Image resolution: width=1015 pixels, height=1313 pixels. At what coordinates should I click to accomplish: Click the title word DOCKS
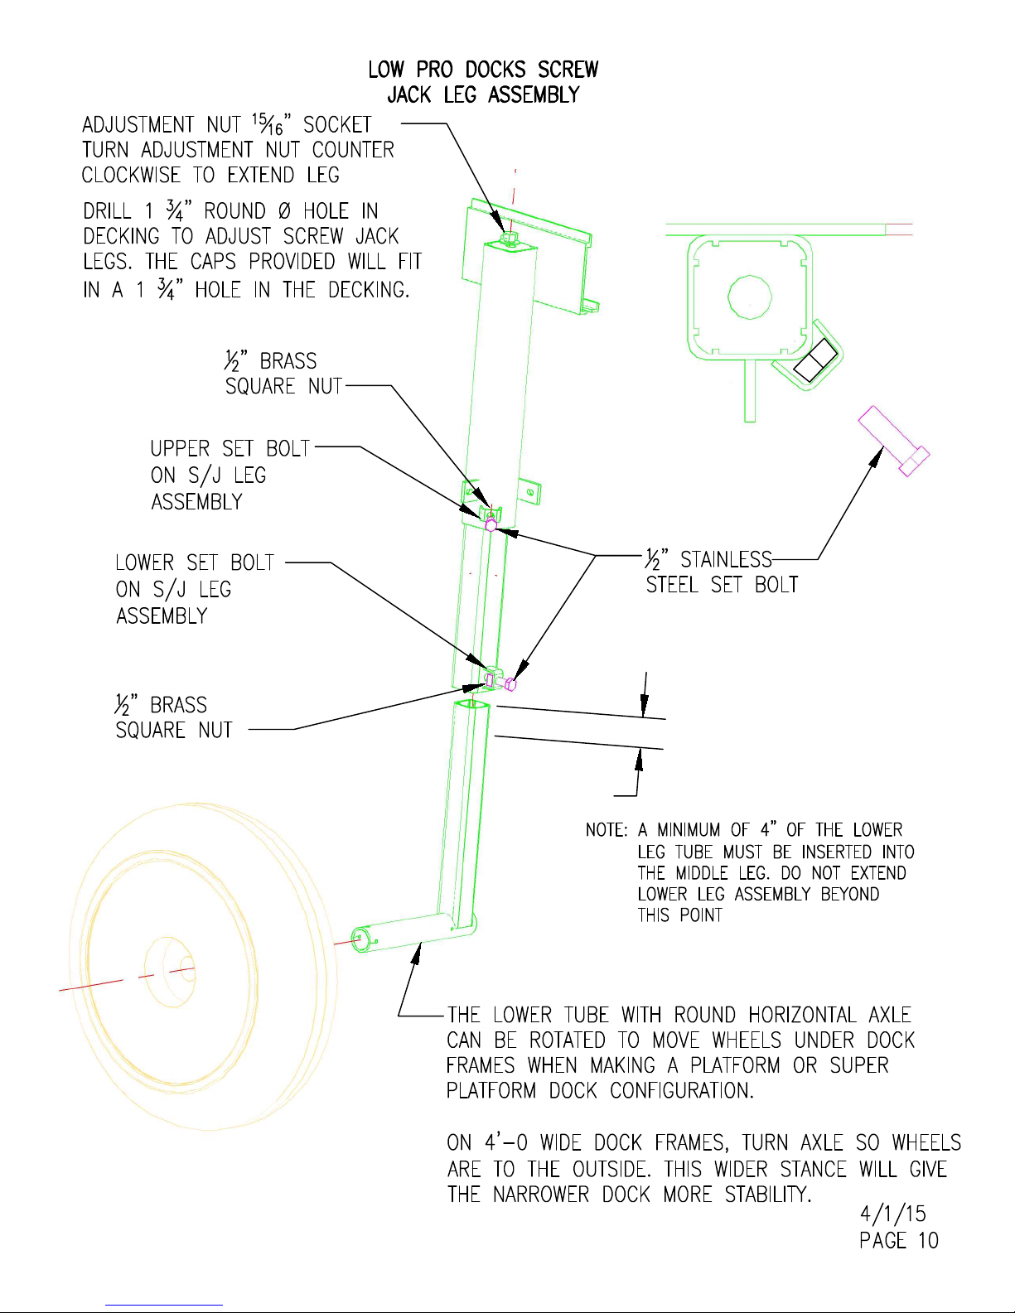pos(495,69)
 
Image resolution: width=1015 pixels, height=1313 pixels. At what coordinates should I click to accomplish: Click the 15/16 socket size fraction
pos(268,124)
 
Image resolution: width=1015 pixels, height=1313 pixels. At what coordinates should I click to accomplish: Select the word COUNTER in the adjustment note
pos(353,150)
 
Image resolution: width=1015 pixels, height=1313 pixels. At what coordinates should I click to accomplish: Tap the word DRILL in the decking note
pos(107,211)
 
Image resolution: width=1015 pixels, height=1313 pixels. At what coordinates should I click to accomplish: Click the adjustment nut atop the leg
pos(510,239)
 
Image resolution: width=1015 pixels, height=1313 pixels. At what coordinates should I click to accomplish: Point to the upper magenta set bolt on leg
pos(491,524)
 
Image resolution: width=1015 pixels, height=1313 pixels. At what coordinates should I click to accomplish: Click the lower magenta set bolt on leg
pos(510,683)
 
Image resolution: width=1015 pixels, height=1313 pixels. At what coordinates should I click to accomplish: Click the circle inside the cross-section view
pos(749,297)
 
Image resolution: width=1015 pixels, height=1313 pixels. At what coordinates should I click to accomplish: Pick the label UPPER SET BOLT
pos(230,449)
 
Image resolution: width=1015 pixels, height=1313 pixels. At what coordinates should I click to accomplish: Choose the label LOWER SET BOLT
pos(195,563)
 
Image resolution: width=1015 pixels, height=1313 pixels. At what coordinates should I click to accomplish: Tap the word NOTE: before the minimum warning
pos(607,830)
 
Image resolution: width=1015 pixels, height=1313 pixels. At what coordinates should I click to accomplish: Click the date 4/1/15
pos(892,1214)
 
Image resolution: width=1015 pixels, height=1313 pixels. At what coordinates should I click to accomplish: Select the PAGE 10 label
pos(898,1240)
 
